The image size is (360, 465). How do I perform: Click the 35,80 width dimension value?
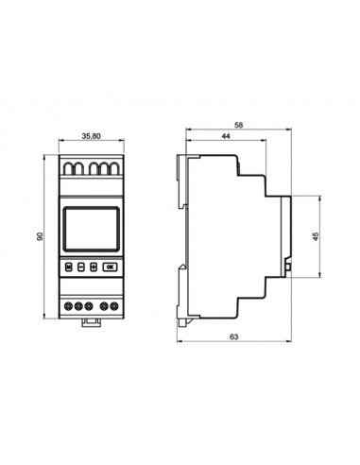tap(92, 136)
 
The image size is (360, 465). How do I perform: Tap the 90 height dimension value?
tap(40, 236)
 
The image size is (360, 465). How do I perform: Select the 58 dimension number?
tap(239, 125)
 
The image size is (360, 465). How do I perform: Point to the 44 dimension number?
tap(226, 136)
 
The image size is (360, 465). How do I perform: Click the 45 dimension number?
tap(316, 236)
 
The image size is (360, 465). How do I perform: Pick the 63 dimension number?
tap(233, 336)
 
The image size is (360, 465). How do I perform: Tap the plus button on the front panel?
tap(94, 267)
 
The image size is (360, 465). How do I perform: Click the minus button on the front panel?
tap(81, 267)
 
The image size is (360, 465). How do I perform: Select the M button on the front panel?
tap(69, 267)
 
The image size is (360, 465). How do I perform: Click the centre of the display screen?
tap(92, 229)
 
